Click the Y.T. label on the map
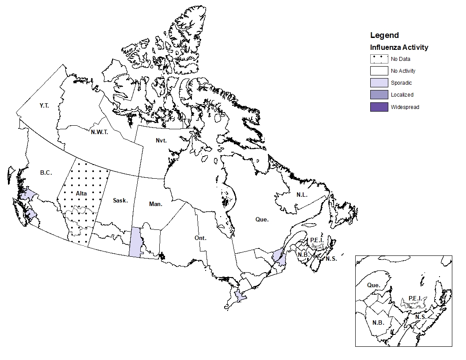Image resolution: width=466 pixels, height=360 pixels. (44, 106)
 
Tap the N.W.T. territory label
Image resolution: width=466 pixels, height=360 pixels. (99, 132)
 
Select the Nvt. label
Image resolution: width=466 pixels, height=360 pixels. (162, 140)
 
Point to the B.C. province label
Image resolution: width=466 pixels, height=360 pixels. (46, 173)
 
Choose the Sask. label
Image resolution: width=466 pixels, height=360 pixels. (120, 201)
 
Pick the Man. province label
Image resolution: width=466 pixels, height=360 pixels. (155, 204)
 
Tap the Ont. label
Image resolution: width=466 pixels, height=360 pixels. (200, 238)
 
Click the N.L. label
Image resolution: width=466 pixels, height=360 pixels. (302, 195)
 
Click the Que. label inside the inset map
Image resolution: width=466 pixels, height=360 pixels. (373, 285)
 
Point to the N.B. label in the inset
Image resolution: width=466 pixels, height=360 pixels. (378, 322)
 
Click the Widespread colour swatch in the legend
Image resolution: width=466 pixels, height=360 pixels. (379, 107)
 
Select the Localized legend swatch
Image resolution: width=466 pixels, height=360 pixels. (379, 95)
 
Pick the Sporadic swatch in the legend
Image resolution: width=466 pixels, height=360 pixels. (379, 83)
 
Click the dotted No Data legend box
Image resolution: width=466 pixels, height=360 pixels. (379, 59)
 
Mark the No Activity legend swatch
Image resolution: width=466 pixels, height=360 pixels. (379, 71)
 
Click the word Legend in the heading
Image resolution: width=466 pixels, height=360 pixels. (384, 35)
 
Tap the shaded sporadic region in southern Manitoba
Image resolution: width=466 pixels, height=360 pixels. (135, 242)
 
